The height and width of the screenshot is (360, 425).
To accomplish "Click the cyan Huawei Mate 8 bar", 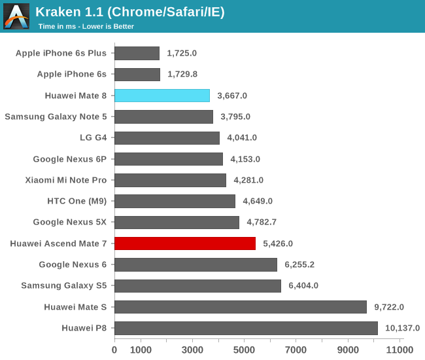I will [162, 96].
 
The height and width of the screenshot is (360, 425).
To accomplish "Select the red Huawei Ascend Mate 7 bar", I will [185, 243].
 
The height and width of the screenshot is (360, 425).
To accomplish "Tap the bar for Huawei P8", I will [246, 328].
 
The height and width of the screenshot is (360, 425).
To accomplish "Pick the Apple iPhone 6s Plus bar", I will [137, 53].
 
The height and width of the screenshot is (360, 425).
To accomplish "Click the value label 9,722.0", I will [389, 307].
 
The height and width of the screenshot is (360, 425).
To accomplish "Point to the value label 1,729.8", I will [182, 75].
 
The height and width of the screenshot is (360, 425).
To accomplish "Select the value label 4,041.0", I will [242, 138].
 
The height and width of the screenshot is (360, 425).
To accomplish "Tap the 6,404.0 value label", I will [303, 286].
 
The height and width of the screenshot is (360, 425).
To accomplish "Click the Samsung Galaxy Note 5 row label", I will [56, 117].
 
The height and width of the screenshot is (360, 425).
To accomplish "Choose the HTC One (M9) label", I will [77, 201].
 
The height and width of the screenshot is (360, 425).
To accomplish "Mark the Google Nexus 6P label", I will [70, 159].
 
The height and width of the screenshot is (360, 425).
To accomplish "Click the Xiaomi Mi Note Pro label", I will [66, 180].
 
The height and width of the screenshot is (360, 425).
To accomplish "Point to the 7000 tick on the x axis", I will [296, 350].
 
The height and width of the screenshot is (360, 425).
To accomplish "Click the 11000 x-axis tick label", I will [399, 350].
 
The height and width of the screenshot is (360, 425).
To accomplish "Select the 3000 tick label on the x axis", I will [192, 350].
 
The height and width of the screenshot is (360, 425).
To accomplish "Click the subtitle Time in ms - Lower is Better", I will [86, 27].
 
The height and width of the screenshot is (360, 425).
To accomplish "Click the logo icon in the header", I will [16, 16].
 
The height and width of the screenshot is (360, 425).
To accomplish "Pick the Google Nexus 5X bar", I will [177, 223].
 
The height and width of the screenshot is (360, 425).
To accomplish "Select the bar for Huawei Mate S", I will [241, 307].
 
